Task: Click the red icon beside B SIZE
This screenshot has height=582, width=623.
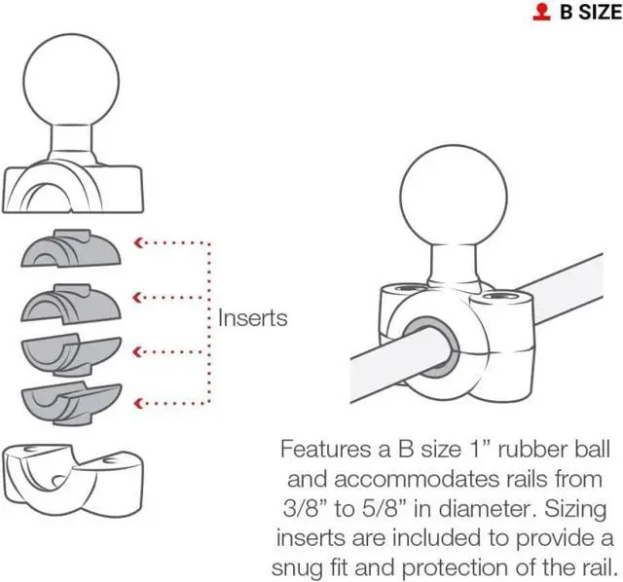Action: (x=541, y=12)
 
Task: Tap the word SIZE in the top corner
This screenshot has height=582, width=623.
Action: (x=600, y=12)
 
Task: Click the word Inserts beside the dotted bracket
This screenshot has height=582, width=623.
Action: (x=253, y=318)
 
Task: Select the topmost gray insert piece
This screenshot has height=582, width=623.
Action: (x=71, y=248)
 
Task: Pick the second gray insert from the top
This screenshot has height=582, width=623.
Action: (x=71, y=303)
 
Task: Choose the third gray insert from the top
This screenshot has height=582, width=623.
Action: (x=71, y=355)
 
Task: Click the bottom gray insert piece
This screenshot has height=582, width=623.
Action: (x=71, y=403)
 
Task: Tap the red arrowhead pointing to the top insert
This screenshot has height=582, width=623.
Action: (x=138, y=242)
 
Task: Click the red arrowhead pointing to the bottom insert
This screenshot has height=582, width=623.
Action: (x=138, y=404)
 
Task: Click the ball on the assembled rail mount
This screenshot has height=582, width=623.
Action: (x=454, y=197)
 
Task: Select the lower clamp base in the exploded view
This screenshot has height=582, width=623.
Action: (x=73, y=480)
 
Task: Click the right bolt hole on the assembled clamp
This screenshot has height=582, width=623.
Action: (x=501, y=297)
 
